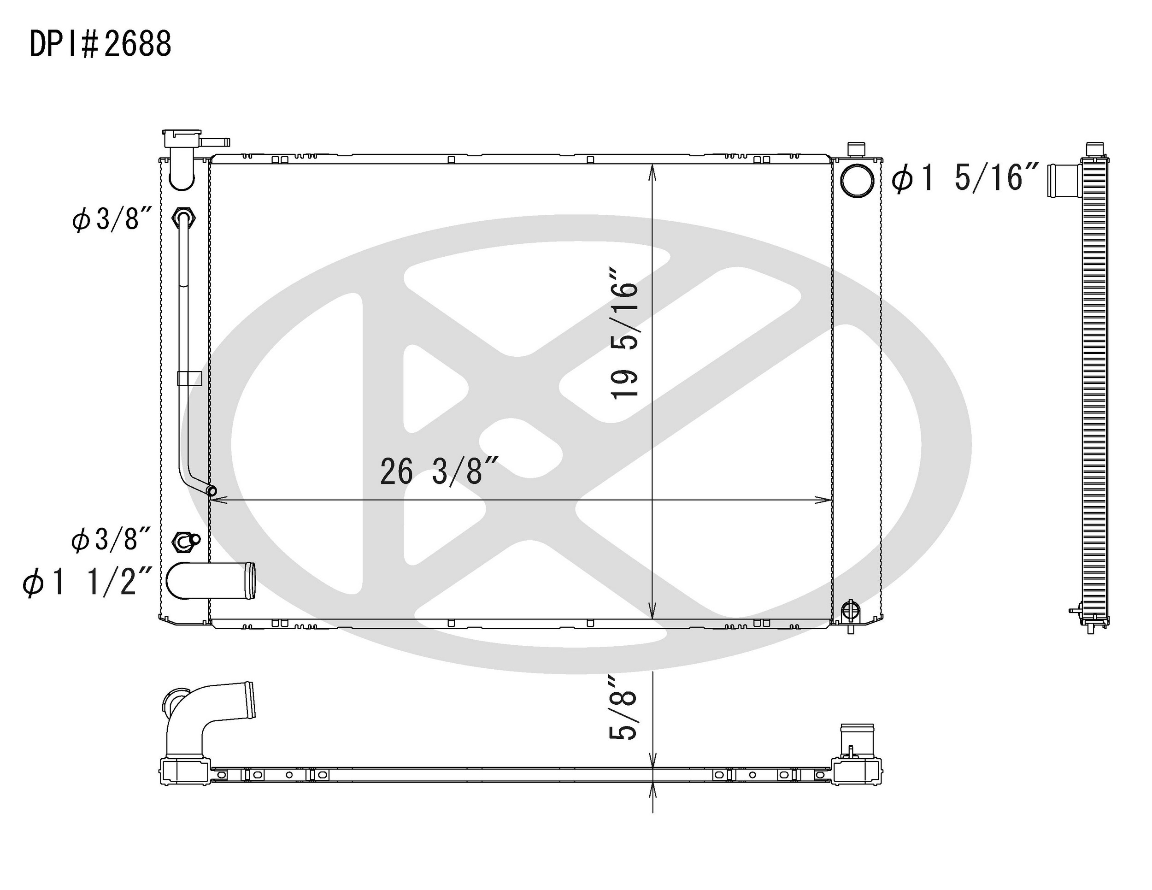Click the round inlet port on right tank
point(857,181)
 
